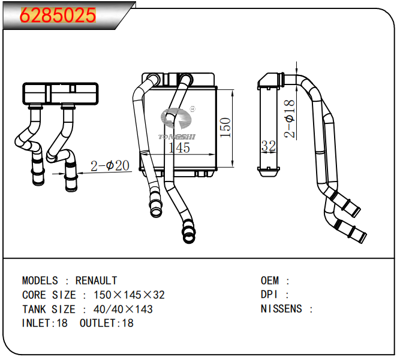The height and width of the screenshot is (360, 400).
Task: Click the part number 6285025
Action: pos(58,16)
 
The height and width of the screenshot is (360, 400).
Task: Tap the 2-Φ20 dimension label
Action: pos(110,166)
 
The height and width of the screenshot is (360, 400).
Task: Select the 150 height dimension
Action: pos(225,127)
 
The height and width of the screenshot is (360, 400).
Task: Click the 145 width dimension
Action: pos(179,147)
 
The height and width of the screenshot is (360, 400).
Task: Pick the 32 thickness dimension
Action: pos(268,146)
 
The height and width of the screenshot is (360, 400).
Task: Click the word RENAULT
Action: pos(97,280)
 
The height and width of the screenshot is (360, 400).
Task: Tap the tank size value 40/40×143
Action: pos(124,309)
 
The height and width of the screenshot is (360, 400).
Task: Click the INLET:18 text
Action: pos(44,323)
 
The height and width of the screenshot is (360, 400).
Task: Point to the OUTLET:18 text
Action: pos(106,323)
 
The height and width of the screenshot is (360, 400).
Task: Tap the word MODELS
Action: pos(40,280)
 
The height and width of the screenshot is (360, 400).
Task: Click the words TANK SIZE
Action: pos(49,309)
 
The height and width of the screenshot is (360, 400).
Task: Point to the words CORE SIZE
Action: pos(49,295)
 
